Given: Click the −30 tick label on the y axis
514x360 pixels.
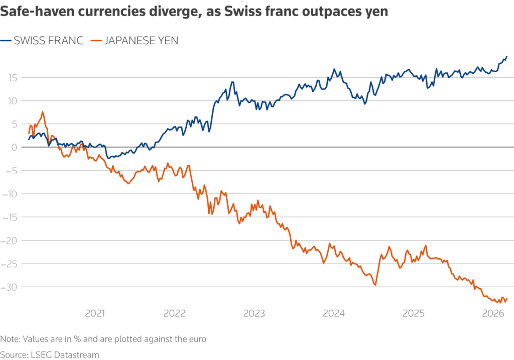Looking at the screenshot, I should pos(10,287).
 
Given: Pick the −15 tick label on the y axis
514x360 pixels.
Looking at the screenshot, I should pos(10,217).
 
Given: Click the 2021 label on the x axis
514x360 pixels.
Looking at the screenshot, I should pos(95,314).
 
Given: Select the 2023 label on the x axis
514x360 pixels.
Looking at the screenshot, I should pos(254,314).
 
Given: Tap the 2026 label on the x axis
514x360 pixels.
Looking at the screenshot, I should pos(493,314).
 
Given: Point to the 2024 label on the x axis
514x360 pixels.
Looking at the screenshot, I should pos(333,314).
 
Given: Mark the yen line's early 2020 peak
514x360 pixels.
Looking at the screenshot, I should pos(43,112).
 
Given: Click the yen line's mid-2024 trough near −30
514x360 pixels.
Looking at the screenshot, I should pos(375,285).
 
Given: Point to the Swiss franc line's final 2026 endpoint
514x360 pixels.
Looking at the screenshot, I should pos(507,56).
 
